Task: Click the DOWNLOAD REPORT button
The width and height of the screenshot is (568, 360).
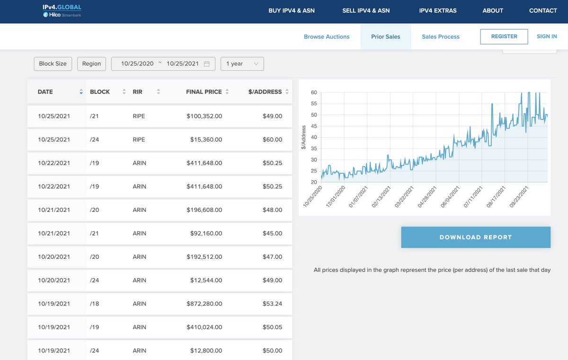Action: [476, 237]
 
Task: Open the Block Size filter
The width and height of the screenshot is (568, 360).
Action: [53, 63]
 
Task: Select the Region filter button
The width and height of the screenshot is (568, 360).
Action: [91, 63]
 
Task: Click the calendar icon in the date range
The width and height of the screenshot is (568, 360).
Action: [207, 64]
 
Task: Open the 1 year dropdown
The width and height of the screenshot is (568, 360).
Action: [242, 63]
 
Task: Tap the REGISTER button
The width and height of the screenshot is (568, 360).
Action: [504, 36]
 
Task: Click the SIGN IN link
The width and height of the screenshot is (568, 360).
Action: [547, 36]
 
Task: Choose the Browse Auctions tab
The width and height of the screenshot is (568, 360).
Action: [327, 37]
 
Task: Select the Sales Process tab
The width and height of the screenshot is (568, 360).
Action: [441, 37]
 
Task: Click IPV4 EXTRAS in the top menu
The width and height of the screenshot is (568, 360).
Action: [438, 10]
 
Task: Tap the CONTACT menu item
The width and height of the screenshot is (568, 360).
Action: [543, 10]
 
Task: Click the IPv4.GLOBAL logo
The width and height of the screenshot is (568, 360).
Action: [62, 11]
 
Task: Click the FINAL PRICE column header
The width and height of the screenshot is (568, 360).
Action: [204, 92]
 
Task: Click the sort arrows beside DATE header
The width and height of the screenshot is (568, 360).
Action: [81, 92]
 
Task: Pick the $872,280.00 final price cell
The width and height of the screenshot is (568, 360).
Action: [204, 304]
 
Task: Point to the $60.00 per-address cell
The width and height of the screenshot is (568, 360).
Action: [272, 140]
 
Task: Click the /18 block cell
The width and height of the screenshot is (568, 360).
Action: [94, 304]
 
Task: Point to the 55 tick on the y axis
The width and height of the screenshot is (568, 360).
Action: [314, 104]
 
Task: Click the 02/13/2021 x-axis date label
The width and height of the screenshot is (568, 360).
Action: [381, 197]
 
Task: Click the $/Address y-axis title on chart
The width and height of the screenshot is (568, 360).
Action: [303, 137]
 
